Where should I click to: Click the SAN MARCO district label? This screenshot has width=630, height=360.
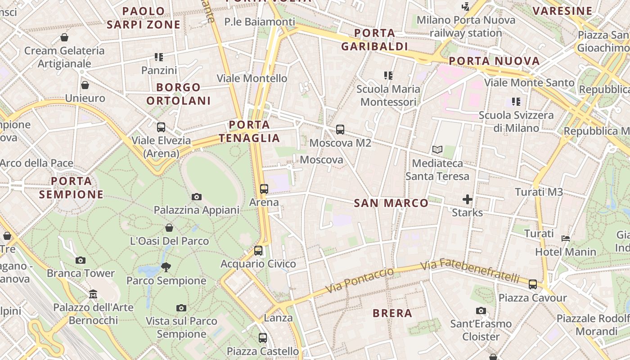click(391, 203)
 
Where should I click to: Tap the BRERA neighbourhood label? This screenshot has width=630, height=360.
click(392, 313)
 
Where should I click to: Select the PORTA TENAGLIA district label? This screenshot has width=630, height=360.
click(249, 131)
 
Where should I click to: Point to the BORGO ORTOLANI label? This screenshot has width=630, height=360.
click(179, 94)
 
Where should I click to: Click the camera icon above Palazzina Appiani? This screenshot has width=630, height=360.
click(196, 197)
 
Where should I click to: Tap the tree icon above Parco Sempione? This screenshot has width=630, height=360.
click(166, 267)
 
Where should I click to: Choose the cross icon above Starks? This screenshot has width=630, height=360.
click(468, 199)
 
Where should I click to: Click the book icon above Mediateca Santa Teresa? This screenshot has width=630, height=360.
click(437, 149)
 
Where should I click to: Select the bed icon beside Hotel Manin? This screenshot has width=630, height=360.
click(566, 238)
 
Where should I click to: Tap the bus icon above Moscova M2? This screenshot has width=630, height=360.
click(340, 130)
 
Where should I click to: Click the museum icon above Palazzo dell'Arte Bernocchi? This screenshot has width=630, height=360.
click(93, 294)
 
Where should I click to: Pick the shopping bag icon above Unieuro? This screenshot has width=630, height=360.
click(85, 85)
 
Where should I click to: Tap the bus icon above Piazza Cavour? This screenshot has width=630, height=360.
click(533, 284)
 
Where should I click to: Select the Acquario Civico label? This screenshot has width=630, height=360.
click(258, 264)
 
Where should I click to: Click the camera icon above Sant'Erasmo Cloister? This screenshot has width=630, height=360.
click(481, 310)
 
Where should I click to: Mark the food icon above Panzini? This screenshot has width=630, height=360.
click(159, 57)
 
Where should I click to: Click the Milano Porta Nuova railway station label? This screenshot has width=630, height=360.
click(466, 27)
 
